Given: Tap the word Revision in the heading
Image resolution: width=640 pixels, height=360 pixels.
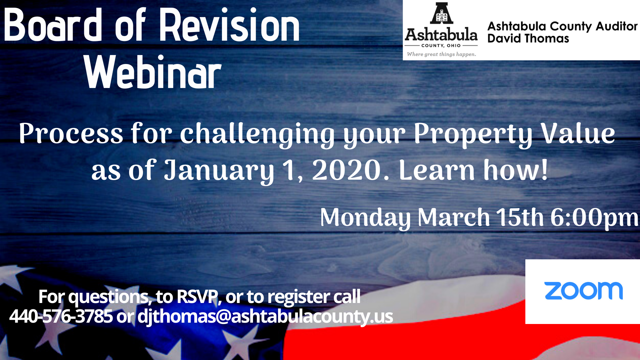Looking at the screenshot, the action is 230,25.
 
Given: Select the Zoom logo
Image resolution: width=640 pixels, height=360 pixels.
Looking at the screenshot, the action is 583,291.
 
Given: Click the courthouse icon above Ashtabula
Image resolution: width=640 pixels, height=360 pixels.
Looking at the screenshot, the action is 441,13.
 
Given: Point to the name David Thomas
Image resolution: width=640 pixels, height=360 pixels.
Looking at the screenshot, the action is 528,39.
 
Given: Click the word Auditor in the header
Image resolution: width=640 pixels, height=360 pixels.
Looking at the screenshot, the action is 617,26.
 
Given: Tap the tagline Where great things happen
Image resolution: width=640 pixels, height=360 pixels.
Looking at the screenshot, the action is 441,54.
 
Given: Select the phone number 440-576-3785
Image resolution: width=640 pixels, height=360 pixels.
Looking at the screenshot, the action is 61,316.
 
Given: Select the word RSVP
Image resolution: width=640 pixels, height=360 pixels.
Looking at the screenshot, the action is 197,296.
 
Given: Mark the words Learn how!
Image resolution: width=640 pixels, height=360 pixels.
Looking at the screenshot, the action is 473,170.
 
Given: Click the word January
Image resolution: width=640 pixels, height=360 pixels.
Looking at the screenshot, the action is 219,171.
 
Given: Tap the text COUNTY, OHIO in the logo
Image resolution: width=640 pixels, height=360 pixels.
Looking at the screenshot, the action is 441,46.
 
